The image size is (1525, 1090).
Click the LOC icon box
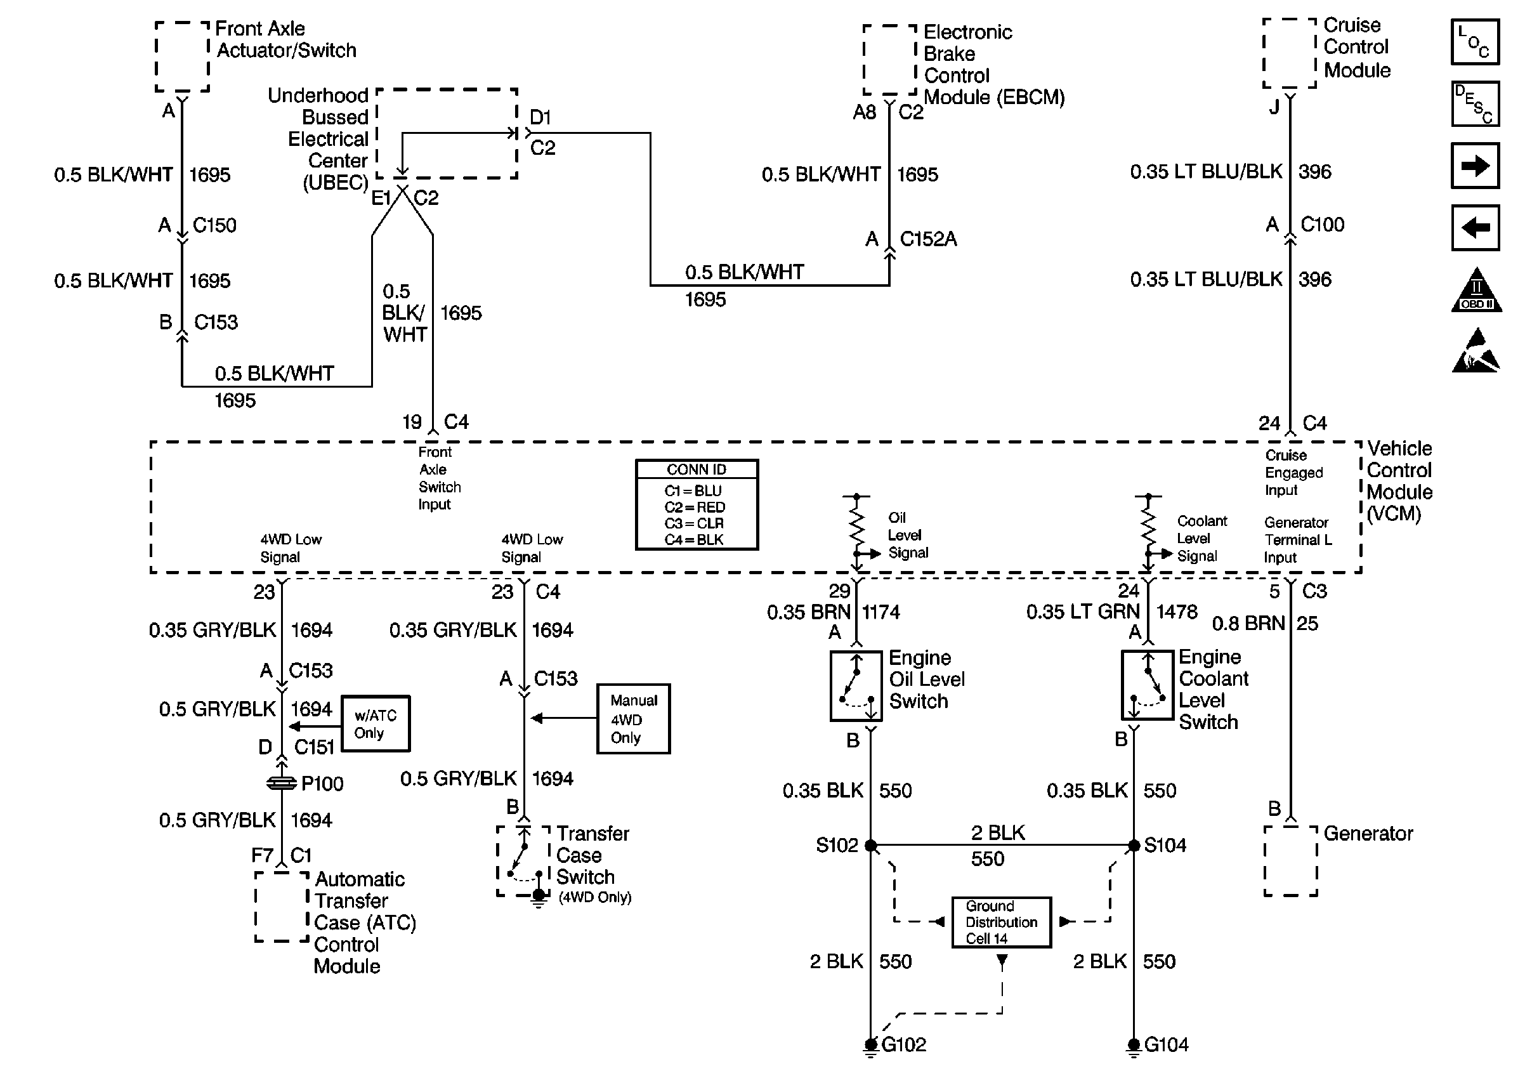[x=1475, y=42]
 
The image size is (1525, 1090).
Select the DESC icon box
[x=1475, y=104]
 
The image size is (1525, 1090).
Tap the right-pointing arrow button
[x=1475, y=165]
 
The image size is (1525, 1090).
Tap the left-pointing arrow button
[x=1475, y=228]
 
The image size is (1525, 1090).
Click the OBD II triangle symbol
[x=1476, y=290]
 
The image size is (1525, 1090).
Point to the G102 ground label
[x=903, y=1044]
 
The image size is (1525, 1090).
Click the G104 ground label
[x=1166, y=1044]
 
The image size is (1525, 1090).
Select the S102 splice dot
[x=871, y=846]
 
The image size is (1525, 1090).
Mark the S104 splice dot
[x=1134, y=846]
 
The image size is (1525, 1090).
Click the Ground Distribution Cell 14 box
[x=1001, y=923]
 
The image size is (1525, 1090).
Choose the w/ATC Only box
[x=375, y=723]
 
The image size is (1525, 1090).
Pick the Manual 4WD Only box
[x=633, y=719]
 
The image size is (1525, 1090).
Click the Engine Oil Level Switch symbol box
[x=856, y=686]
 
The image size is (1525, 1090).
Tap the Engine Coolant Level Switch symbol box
[x=1148, y=685]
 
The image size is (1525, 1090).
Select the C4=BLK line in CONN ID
[x=694, y=540]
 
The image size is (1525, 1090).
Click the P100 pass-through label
[x=322, y=784]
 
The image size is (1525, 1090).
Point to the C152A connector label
[x=928, y=239]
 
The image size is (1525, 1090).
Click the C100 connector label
[x=1322, y=224]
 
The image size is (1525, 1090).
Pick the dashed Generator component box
[x=1290, y=860]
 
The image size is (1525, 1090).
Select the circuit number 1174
[x=880, y=612]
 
